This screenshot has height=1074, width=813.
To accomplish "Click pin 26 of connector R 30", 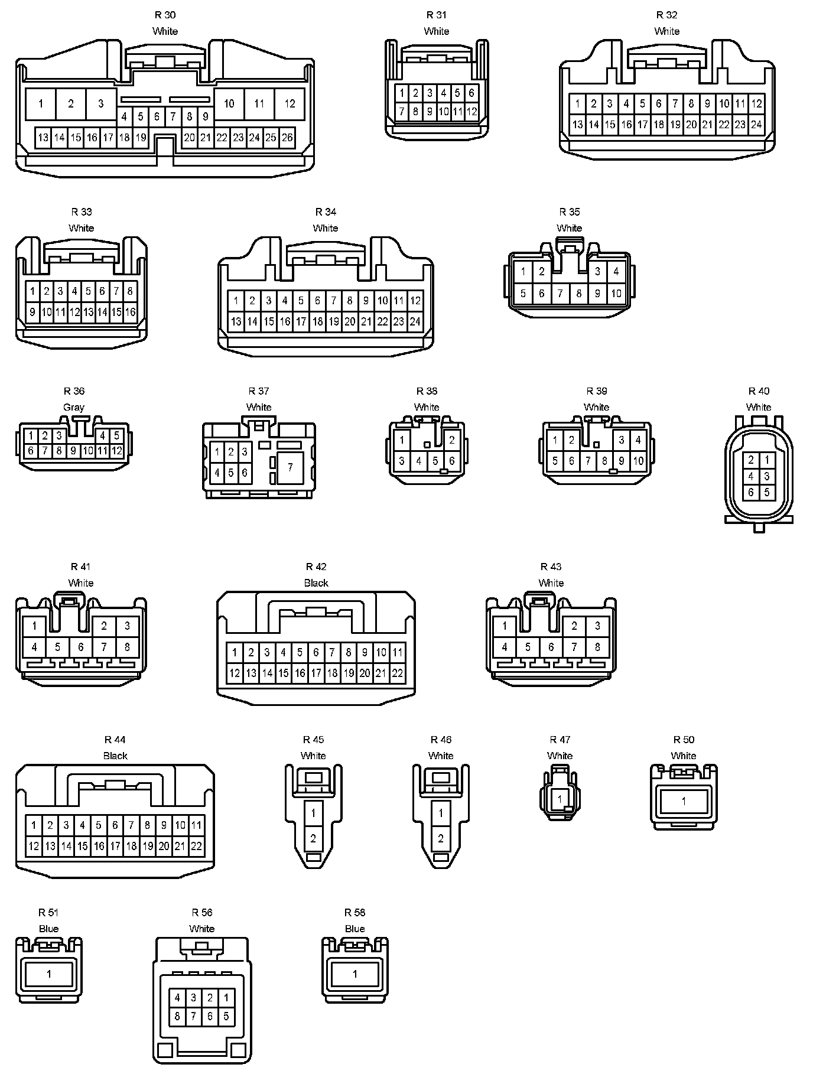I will point(287,138).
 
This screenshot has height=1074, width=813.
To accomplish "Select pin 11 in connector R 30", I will point(259,104).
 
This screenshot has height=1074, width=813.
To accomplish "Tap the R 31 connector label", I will point(437,15).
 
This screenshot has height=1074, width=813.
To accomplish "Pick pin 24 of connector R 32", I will point(756,125).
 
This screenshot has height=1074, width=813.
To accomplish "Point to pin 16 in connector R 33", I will point(130,312).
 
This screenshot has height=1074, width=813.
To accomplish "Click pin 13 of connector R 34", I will point(236,322).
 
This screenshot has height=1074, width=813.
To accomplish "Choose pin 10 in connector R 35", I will point(616,293).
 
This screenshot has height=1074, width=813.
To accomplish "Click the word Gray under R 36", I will point(74,407).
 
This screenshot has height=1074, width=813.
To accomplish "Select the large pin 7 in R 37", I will point(290,467).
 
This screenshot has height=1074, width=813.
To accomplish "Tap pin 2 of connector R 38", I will point(452,440).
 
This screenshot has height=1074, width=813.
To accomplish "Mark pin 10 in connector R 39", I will point(638,461).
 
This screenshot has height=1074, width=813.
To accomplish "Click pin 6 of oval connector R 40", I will point(751,492).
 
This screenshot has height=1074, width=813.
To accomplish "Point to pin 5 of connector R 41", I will point(57,647).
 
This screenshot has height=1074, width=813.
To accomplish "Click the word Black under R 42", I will point(316,583).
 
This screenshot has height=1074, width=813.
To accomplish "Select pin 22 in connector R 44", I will point(196,846).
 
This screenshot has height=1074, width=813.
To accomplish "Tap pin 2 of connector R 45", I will point(313,838).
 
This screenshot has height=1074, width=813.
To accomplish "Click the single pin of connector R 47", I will point(560,799).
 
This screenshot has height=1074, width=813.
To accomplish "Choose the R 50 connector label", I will point(684,740).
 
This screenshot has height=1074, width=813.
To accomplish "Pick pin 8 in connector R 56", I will point(177,1017).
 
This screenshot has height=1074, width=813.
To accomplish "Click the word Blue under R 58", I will point(355,929).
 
